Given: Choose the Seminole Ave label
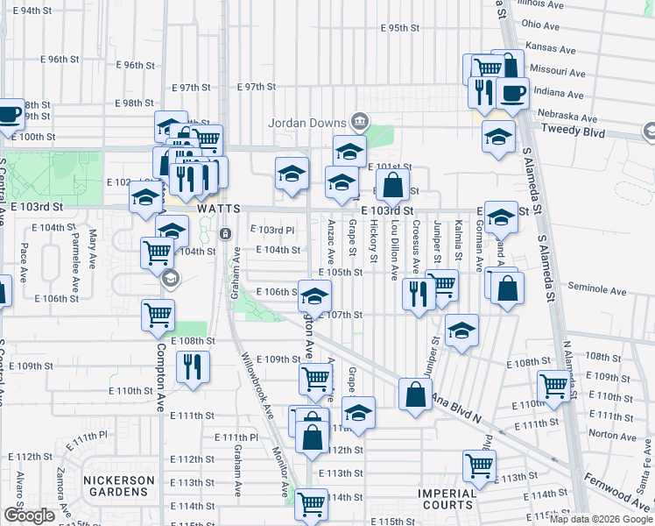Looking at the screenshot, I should coord(596,288).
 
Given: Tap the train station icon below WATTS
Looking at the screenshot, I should coord(225,234).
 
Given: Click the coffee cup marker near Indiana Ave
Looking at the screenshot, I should coord(514,91).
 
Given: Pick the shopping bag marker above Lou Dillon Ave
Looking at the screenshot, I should coord(394,184).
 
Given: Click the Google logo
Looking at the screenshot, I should coord(29,515).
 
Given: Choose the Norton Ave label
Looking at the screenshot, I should coord(606,433).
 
